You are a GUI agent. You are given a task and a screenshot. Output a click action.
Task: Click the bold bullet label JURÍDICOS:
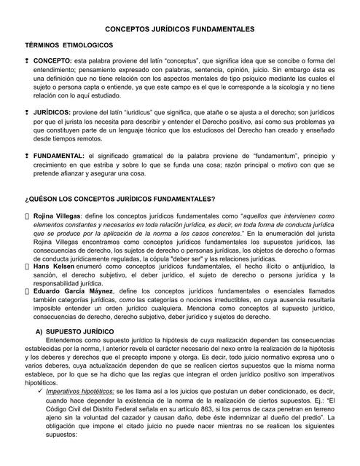click(x=52, y=113)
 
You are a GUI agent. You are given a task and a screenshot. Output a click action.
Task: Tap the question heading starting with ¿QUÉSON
click(x=120, y=200)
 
